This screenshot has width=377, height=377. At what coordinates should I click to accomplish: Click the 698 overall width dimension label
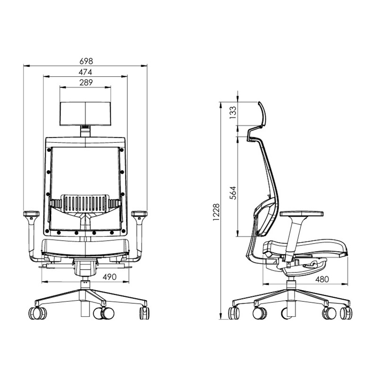[x=86, y=61]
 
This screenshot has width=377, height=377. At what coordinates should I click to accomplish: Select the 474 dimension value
[x=85, y=72]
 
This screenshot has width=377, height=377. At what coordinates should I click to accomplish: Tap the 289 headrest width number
[x=86, y=82]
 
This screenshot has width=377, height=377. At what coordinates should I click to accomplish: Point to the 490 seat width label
[x=110, y=277]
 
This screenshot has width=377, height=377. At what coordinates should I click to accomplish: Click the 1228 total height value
[x=216, y=212]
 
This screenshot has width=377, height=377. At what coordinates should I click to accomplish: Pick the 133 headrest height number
[x=233, y=113]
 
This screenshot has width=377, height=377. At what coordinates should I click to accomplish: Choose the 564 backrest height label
[x=233, y=193]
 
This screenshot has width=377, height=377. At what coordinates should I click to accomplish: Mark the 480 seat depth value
[x=322, y=279]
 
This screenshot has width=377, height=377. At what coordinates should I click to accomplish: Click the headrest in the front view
[x=85, y=114]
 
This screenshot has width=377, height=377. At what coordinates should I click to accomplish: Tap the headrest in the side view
[x=262, y=114]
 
